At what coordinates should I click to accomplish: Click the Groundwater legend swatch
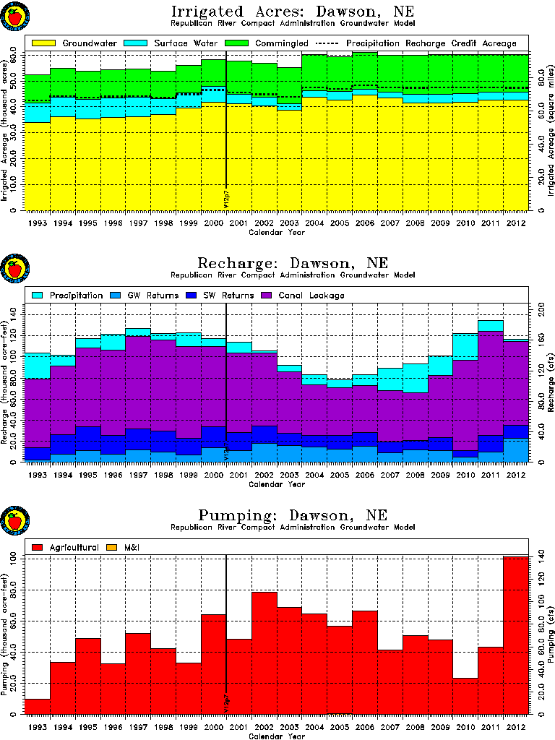43,43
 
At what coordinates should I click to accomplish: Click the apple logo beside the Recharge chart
14,270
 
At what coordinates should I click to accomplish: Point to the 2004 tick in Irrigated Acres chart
315,224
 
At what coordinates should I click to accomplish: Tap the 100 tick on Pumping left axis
12,559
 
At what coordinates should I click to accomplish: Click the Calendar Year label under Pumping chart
277,736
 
